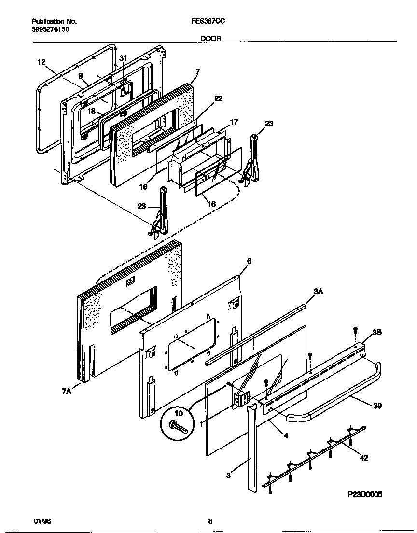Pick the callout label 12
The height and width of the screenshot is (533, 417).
click(x=41, y=62)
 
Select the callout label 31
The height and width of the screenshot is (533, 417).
click(x=124, y=58)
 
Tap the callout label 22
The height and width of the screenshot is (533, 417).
click(x=218, y=98)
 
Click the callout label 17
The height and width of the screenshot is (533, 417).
click(x=234, y=123)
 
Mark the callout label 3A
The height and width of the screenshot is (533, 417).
click(x=318, y=291)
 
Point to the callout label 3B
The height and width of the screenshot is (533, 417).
click(x=376, y=334)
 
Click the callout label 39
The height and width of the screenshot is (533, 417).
click(x=377, y=406)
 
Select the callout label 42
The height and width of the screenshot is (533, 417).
click(x=364, y=458)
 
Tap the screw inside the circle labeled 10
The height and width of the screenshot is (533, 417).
click(x=178, y=427)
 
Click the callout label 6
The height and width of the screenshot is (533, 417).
click(x=249, y=261)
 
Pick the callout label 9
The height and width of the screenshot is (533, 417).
click(x=81, y=76)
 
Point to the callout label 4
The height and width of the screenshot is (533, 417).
click(x=286, y=435)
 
